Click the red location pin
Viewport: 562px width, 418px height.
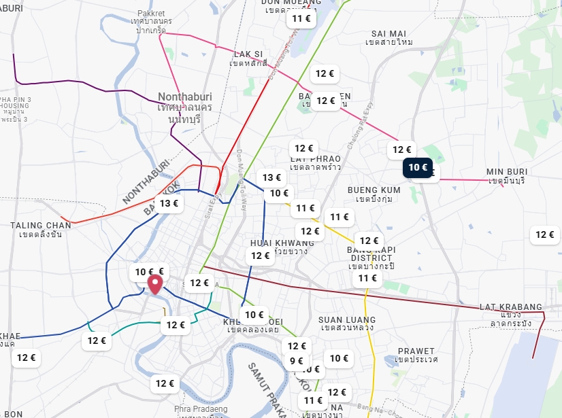[156, 284]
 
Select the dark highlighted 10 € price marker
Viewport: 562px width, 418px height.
[417, 167]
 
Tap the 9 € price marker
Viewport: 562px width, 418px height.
[297, 361]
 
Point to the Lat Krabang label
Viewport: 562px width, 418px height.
[511, 311]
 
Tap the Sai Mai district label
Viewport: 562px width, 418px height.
[389, 37]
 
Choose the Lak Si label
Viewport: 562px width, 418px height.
[248, 58]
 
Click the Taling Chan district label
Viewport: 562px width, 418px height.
[41, 230]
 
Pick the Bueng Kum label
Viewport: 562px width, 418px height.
[374, 194]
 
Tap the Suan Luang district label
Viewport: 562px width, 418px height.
[347, 324]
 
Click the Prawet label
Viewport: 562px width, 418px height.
[416, 355]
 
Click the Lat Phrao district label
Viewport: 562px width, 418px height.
[315, 162]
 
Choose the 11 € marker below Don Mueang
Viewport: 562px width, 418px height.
[301, 18]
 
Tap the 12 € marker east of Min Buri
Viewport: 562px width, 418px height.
[544, 234]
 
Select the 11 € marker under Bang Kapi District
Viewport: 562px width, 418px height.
[367, 277]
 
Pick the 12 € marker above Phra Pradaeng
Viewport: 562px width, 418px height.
[165, 383]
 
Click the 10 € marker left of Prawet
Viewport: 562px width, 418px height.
[339, 358]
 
